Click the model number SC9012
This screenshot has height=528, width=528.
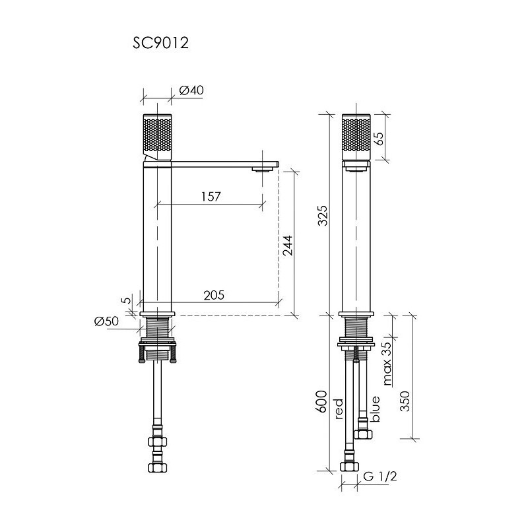point(160,43)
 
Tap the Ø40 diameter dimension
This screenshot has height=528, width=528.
point(191,90)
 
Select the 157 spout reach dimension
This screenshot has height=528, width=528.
point(211,196)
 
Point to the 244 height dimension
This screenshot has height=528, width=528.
point(287,245)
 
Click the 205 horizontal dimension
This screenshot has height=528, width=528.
point(214,295)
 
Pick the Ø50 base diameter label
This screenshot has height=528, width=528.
point(106,321)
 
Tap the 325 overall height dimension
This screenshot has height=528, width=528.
point(322,216)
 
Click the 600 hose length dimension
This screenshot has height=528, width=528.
point(322,401)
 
